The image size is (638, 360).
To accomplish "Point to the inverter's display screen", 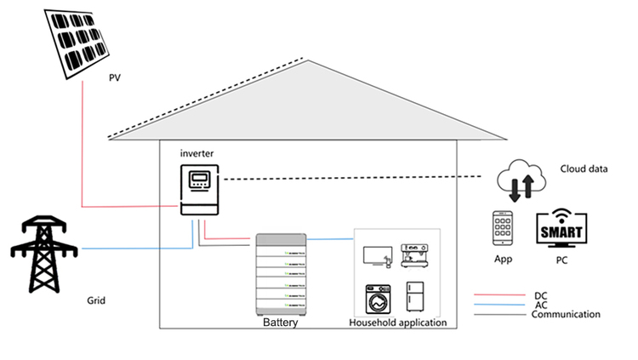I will coord(199,180).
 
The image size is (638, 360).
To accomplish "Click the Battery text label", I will coord(281,323).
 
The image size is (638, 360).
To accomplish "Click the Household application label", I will coord(398,323).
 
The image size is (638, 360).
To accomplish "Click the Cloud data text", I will coord(584,169).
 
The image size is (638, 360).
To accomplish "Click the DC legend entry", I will coord(540,295).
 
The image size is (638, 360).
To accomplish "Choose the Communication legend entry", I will coord(566,315).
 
